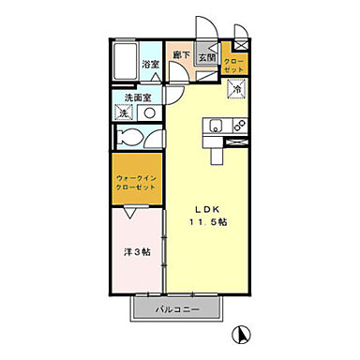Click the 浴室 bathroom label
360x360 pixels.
149,64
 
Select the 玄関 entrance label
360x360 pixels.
207,57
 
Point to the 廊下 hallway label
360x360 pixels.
182,57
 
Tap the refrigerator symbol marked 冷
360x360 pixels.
237,90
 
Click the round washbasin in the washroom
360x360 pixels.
150,112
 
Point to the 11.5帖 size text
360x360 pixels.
211,222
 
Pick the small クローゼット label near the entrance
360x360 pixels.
233,65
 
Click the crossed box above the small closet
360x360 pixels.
242,43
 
